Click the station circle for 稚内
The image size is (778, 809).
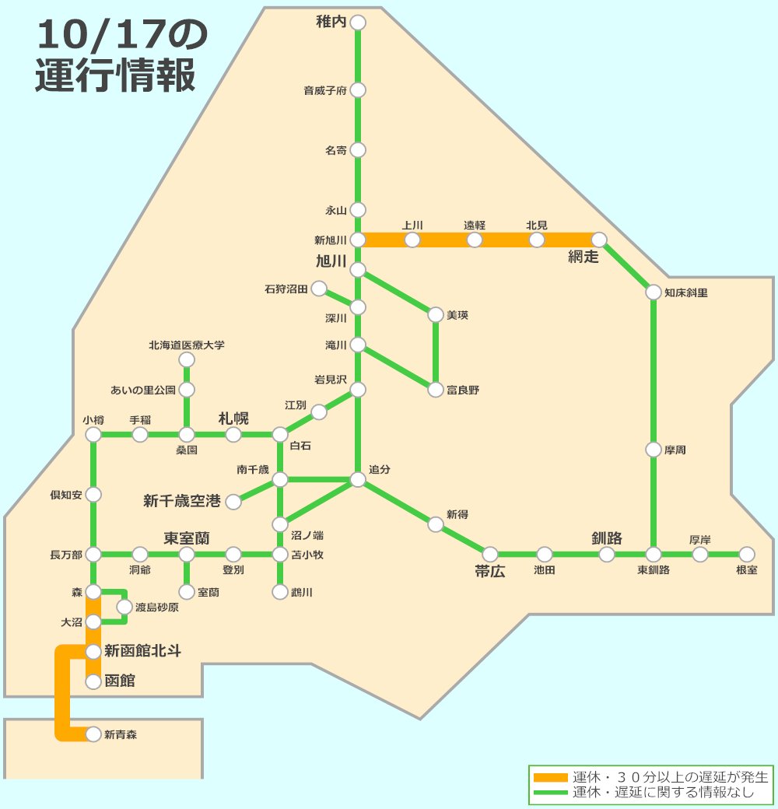tap(358, 23)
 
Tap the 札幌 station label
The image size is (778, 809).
tap(233, 418)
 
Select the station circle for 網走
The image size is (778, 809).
tap(599, 240)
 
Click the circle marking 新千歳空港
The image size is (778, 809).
tap(233, 502)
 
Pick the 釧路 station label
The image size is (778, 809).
tap(607, 538)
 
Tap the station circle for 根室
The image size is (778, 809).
tap(747, 554)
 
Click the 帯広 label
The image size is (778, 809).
tap(490, 572)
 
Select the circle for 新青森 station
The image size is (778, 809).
tap(93, 734)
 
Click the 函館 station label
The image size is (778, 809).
tap(120, 681)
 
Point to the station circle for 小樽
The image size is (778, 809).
tap(93, 435)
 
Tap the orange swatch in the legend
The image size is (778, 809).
tap(551, 777)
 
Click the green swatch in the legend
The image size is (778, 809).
tap(551, 793)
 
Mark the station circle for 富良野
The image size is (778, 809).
tap(436, 390)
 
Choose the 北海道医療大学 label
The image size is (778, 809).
tap(187, 345)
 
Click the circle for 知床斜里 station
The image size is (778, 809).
tap(654, 292)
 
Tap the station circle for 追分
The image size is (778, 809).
tap(358, 480)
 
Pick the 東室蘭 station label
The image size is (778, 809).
tap(187, 538)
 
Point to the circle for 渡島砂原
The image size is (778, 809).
tap(124, 607)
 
